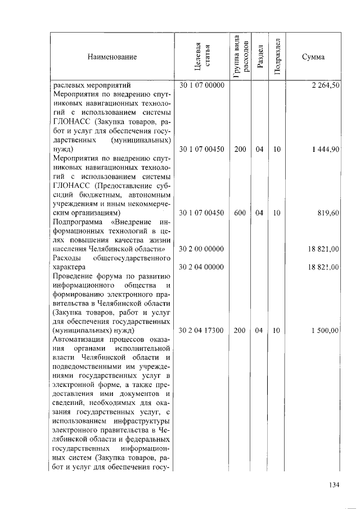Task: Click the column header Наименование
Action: click(112, 57)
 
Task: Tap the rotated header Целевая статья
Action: click(202, 57)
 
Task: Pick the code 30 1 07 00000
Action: click(202, 85)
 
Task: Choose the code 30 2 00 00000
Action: click(202, 249)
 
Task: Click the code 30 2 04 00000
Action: click(202, 267)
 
